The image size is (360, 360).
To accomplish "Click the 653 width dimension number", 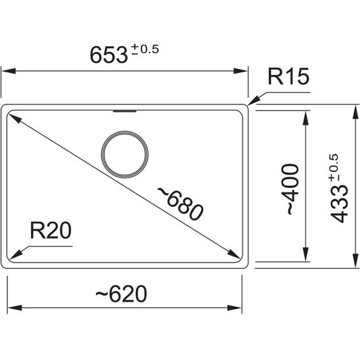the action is coord(108,55).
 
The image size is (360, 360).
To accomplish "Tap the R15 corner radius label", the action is coord(288,76).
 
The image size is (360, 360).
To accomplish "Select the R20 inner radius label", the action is coord(51,231).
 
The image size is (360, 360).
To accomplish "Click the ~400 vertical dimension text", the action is coord(290,189).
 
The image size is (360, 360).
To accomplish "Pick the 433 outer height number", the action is coord(340,204).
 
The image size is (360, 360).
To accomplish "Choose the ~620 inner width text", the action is coord(121,294).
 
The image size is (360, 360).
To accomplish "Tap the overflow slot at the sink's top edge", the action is coord(125,112).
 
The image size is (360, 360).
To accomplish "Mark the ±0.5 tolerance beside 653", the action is coord(145,49).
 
